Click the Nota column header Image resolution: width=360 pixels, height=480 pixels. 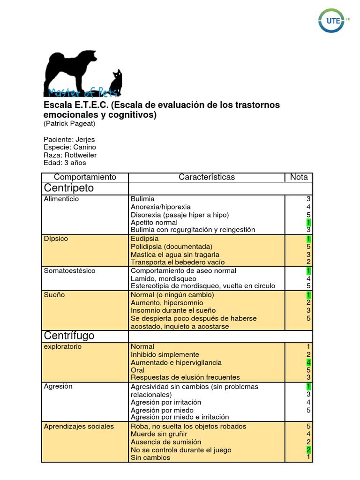tap(299, 177)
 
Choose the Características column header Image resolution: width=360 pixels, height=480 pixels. tap(207, 177)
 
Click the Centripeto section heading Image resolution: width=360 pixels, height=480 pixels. tap(69, 188)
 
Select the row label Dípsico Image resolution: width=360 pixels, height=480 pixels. tap(56, 239)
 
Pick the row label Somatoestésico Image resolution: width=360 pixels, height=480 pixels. tap(69, 271)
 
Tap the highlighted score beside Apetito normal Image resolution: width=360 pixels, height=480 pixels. tap(308, 222)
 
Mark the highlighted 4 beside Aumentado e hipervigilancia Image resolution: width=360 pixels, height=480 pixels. tap(308, 362)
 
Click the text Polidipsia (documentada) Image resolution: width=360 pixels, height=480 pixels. tap(172, 247)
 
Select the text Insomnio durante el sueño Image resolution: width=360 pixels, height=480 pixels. tap(173, 310)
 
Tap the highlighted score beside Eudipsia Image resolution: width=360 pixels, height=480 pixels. tap(308, 239)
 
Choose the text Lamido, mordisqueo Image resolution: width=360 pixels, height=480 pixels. tap(164, 278)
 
